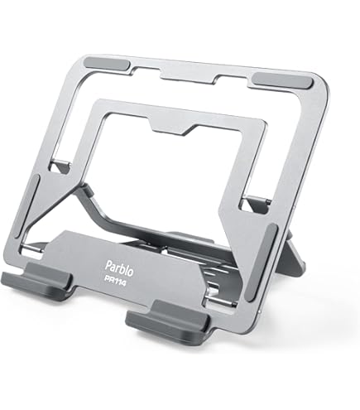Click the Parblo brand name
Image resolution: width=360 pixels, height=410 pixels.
pyautogui.click(x=119, y=269)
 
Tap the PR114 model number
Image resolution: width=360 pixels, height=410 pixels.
pyautogui.click(x=115, y=282)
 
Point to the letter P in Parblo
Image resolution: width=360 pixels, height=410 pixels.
pyautogui.click(x=108, y=266)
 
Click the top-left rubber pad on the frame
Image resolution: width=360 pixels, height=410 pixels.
pyautogui.click(x=107, y=65)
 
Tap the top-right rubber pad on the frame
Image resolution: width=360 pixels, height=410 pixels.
pyautogui.click(x=282, y=80)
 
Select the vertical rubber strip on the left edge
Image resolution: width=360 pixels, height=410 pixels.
pyautogui.click(x=26, y=205)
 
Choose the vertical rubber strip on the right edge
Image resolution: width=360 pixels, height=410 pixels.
pyautogui.click(x=261, y=263)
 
